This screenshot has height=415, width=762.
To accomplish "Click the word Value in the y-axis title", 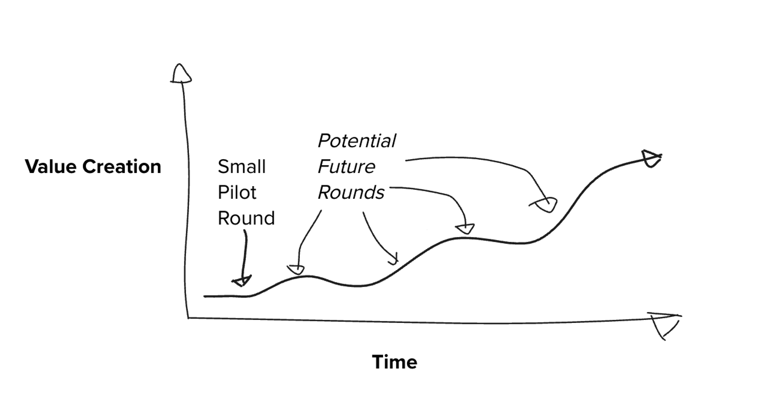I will pos(50,167).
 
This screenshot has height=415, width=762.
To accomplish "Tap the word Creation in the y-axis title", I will pos(121,167).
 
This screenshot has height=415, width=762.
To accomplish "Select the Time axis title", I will pos(394,362).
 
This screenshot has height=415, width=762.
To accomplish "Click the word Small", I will pos(241,167).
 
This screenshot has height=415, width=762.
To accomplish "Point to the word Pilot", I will pos(237,193).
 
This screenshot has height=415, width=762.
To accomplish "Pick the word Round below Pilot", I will pos(246,218).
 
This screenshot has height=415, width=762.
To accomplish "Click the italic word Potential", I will pos(357,141).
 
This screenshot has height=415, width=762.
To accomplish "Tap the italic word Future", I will pos(346,167).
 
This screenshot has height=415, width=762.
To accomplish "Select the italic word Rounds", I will pos(351,193).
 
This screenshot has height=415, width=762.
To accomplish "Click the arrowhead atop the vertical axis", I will pos(181,74).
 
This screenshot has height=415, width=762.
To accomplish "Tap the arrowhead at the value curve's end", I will pos(651,158).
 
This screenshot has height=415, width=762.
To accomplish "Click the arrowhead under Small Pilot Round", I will pos(242,281).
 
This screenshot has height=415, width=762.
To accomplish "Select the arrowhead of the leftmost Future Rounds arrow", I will pos(296,269).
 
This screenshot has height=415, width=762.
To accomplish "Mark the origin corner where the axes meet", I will pos(188,318).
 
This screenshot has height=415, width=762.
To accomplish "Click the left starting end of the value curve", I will pos(205,296).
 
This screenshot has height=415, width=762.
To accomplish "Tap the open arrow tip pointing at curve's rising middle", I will pos(393,260).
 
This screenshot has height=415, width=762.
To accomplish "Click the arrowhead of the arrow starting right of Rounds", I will pos(465,229).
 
